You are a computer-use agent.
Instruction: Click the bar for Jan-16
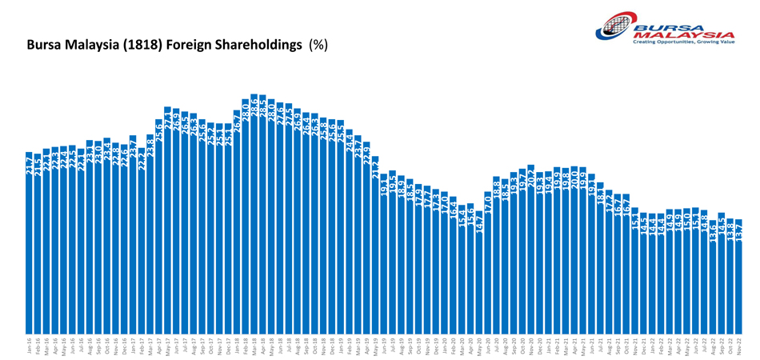29,240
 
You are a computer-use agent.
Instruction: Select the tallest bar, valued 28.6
254,216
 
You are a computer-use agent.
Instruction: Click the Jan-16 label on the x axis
30,346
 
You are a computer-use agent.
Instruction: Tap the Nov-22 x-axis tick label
739,346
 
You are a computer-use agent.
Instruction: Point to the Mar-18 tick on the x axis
254,346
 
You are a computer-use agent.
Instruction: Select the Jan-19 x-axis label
341,346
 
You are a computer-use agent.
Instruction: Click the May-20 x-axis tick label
479,346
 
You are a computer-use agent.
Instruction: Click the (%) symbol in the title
318,46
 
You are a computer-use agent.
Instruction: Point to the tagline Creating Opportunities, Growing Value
683,42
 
